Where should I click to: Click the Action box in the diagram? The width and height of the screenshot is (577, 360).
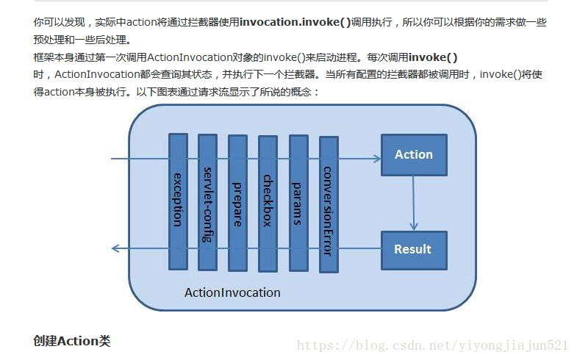tap(413, 154)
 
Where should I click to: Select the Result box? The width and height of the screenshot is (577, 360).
tap(413, 249)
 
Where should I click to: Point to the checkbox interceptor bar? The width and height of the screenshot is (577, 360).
tap(268, 200)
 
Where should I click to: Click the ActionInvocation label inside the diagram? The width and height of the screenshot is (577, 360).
tap(232, 292)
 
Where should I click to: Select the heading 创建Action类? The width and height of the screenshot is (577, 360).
tap(72, 341)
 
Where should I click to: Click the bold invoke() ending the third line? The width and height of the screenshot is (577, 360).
tap(433, 57)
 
